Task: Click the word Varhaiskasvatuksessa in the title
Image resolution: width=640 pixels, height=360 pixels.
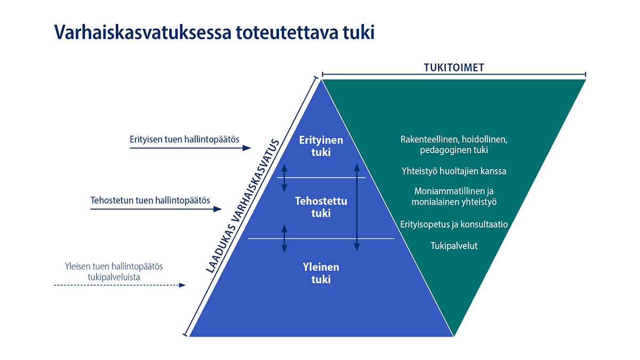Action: tap(142, 33)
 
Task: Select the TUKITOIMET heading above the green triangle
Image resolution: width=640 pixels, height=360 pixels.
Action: tap(454, 68)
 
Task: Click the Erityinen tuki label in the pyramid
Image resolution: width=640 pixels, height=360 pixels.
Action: tap(321, 146)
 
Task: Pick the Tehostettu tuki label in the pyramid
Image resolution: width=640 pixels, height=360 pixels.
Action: tap(321, 207)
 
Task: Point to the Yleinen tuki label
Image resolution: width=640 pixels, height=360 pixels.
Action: tap(321, 273)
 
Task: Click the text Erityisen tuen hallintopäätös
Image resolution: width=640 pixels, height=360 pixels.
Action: tap(185, 139)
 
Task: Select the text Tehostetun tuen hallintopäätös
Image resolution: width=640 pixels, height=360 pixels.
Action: tap(150, 201)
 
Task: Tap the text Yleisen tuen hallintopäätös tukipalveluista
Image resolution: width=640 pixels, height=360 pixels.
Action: tap(114, 271)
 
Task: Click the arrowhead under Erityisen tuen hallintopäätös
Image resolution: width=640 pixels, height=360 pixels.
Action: tap(247, 148)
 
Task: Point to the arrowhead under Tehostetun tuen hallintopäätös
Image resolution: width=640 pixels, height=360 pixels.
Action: tap(218, 209)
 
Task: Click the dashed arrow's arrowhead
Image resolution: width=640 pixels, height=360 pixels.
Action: tap(182, 285)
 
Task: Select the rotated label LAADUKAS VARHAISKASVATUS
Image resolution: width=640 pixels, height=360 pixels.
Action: tap(243, 206)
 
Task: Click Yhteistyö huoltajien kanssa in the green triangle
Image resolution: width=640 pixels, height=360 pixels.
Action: tap(454, 171)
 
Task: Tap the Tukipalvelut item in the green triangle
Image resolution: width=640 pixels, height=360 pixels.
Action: tap(454, 246)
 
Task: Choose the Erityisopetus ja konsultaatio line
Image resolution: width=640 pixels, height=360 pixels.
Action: tap(454, 225)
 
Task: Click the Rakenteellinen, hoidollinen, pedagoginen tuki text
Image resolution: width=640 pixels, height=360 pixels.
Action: tap(454, 145)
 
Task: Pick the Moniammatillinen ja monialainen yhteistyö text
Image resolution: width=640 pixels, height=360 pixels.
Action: tap(454, 197)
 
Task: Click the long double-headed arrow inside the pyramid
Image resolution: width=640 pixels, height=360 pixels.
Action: tap(357, 207)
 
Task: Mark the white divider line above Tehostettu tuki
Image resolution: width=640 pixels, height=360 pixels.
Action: tap(321, 178)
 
